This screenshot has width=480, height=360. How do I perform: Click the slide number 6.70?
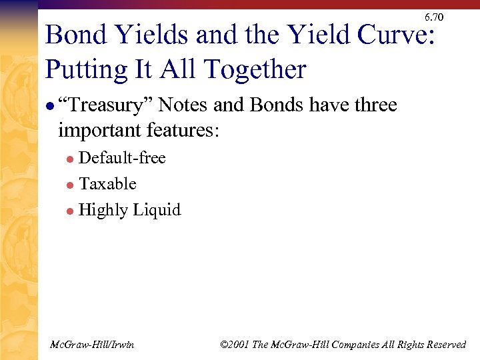(433, 17)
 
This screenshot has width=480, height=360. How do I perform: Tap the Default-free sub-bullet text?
(122, 158)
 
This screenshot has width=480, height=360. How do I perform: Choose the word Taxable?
(107, 184)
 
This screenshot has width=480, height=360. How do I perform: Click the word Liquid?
(157, 210)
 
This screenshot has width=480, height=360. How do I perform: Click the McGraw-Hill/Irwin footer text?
(92, 344)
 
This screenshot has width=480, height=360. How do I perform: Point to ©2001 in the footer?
(235, 344)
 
